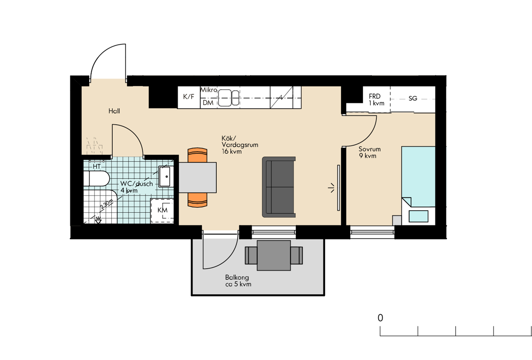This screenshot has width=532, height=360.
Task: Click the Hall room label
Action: click(114, 111)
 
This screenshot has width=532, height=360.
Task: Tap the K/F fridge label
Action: click(188, 97)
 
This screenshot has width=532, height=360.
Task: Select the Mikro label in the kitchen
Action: click(209, 90)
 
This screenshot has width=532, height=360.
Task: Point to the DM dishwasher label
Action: click(208, 103)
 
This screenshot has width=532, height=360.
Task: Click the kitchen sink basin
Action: click(228, 98)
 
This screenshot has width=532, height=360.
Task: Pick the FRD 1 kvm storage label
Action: click(376, 99)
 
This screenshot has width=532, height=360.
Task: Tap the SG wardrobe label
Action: click(413, 98)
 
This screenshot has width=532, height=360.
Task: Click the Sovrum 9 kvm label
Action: click(370, 153)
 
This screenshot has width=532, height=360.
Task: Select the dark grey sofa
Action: click(279, 187)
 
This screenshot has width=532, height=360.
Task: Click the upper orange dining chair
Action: click(197, 155)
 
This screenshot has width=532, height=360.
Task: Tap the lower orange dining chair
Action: click(197, 200)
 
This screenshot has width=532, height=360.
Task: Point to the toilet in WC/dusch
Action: click(97, 178)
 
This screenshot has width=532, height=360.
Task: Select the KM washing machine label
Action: click(162, 210)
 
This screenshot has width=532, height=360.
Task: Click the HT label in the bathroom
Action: click(97, 166)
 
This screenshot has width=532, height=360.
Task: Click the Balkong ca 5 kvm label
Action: click(238, 281)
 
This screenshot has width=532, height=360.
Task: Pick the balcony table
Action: click(274, 255)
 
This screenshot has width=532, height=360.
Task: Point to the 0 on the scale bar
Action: click(380, 318)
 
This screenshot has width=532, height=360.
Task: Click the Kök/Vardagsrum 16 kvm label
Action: click(240, 145)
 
